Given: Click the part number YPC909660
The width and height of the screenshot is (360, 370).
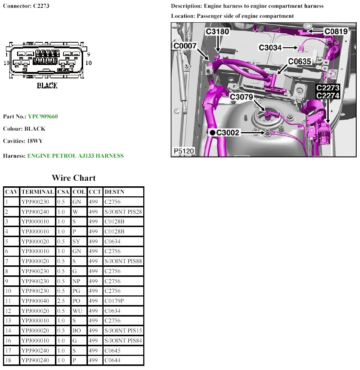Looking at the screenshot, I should coord(43,117).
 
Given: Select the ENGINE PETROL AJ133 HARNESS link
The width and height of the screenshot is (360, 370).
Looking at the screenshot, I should coord(75,156).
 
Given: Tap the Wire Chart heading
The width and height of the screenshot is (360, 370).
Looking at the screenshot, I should coord(73,178).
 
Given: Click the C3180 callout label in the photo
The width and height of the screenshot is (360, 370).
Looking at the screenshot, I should coord(217,32).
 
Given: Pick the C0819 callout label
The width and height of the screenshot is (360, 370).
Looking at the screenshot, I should coord(336,32).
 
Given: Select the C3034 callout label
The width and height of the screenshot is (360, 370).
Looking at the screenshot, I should coord(271,48).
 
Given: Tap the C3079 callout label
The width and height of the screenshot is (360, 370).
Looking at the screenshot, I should coord(241,97).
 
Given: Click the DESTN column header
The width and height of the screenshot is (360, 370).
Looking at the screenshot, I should coord(115,192).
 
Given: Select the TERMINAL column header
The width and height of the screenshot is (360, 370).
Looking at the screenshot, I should coord(37,192).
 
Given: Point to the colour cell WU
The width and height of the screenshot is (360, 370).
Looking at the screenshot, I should coord(76,311).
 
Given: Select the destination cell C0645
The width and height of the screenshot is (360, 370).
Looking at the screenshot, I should coord(113,350).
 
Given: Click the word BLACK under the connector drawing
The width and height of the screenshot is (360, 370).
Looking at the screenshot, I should coord(47,86).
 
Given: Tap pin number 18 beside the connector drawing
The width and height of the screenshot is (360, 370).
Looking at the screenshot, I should coord(88,63).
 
